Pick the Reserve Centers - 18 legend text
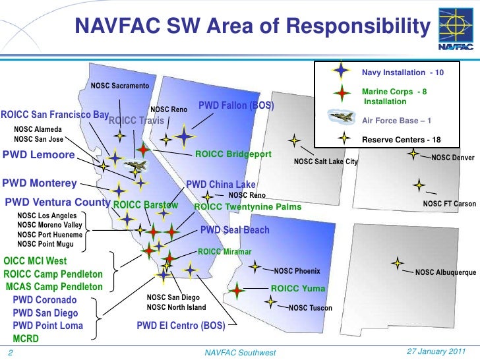tap(402, 139)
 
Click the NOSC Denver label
tap(453, 158)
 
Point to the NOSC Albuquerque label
tap(445, 272)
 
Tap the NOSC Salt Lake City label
tap(326, 162)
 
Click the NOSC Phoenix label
tap(297, 270)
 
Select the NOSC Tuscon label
tap(310, 308)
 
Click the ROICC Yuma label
tap(298, 289)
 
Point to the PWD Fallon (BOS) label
tap(235, 105)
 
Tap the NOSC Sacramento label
tap(120, 86)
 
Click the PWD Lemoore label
tap(39, 156)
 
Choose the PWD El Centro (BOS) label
tap(181, 325)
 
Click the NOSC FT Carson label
tap(449, 204)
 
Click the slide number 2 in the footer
tap(10, 352)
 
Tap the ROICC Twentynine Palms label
tap(248, 207)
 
